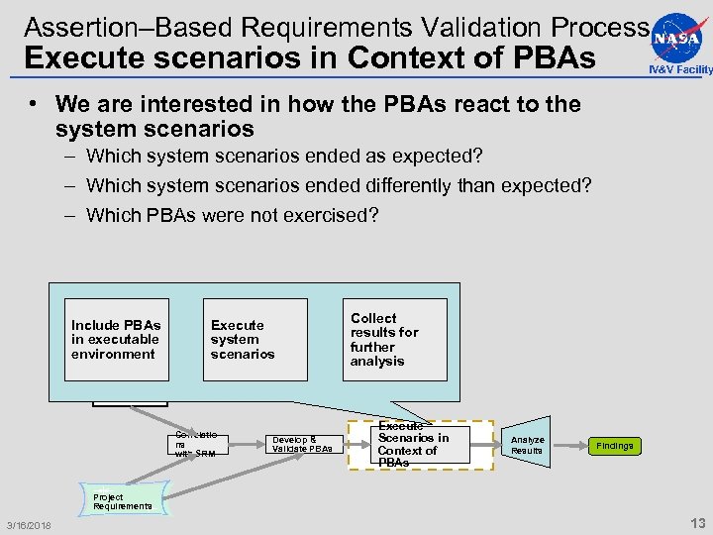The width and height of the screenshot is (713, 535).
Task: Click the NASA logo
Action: pos(678,37)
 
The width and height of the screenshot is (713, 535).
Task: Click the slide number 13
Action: pos(696,523)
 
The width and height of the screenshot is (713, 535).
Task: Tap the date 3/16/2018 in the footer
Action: pos(30,524)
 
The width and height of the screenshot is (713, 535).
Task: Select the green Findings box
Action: pos(614,446)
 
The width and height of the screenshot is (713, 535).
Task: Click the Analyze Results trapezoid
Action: pos(527,446)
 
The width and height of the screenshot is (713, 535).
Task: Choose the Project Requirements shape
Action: pos(123,501)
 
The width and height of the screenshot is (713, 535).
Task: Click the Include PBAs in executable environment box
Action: pos(117,340)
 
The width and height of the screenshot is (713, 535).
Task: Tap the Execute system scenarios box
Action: pos(255,340)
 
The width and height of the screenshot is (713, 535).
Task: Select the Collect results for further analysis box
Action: pos(394,340)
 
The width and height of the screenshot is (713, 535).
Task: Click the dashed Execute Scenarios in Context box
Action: pos(420,444)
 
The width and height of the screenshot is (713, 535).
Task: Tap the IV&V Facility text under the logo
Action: pos(680,69)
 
